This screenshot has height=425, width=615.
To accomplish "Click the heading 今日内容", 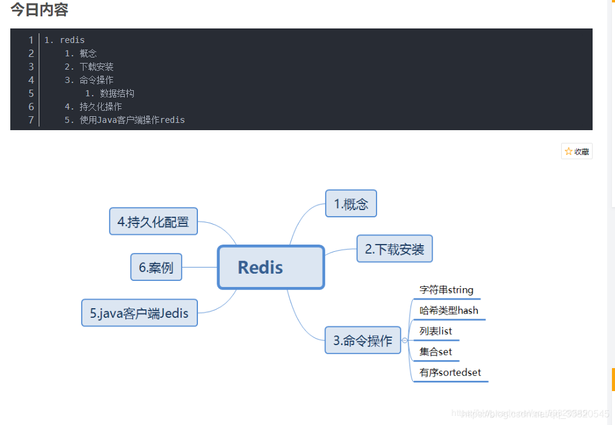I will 39,10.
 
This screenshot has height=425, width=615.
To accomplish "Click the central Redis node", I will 271,267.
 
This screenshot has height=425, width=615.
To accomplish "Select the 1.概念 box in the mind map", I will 351,203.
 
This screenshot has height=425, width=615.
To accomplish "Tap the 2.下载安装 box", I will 394,249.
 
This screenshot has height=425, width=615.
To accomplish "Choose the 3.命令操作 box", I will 363,340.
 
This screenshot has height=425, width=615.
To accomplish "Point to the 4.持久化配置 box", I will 153,222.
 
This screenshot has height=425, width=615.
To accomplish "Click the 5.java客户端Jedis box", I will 139,313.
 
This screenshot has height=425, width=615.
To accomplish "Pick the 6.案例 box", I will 156,267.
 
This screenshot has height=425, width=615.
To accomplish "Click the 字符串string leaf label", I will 446,290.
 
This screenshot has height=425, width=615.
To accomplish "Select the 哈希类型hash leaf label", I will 449,311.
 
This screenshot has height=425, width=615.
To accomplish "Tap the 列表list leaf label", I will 435,331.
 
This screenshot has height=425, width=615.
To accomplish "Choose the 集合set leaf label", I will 435,352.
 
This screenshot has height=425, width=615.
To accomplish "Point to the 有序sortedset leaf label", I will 450,372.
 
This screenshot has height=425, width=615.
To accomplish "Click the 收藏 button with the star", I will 577,151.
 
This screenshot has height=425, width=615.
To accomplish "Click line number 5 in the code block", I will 31,93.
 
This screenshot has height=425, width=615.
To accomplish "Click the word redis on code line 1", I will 72,40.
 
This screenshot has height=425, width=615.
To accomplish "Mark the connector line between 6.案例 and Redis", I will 200,267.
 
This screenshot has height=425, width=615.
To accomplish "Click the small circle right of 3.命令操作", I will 405,340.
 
